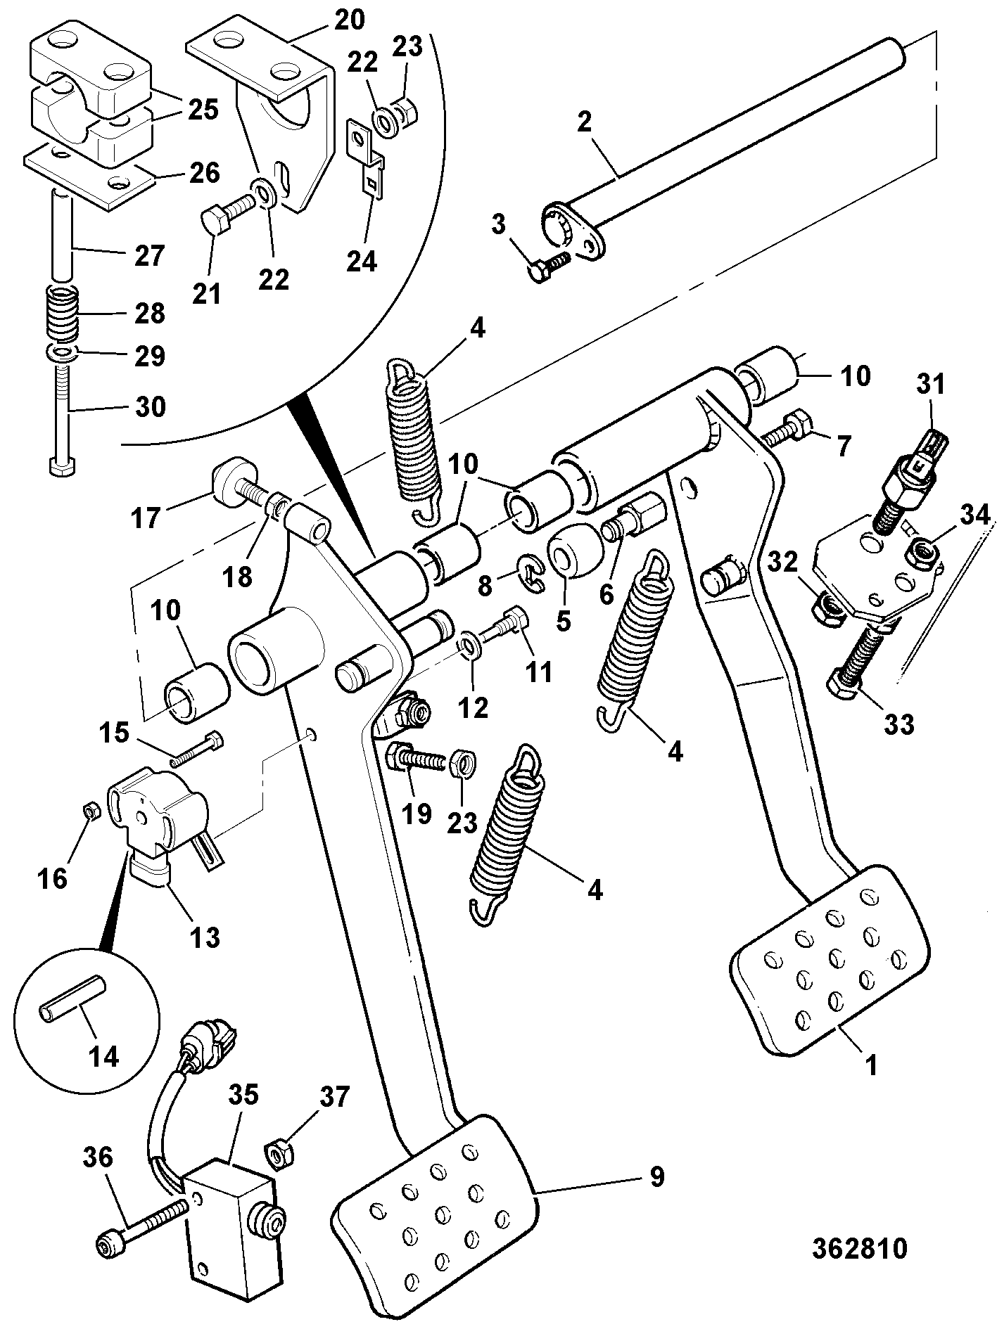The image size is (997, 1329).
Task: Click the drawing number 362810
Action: click(x=859, y=1248)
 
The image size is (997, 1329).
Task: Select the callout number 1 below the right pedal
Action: click(x=872, y=1065)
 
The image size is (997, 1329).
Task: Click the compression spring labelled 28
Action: click(x=63, y=314)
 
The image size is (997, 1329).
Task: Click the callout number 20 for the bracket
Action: click(x=349, y=19)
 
